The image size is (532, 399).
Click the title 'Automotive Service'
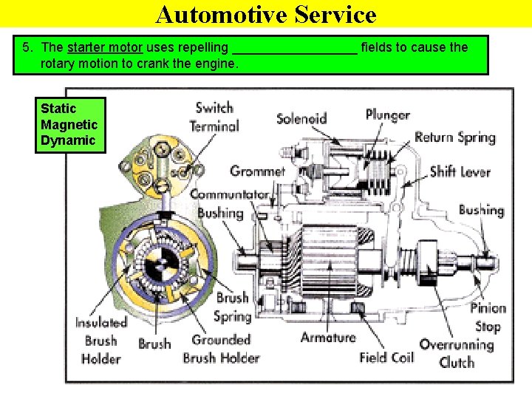pos(266,14)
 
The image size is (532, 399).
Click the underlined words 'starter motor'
pos(104,48)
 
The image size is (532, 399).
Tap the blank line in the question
pos(295,50)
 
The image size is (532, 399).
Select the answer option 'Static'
pos(58,109)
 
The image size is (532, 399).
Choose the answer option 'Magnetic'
pos(69,125)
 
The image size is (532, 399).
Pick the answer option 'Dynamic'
pos(68,140)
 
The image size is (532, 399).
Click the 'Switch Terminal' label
pos(214,117)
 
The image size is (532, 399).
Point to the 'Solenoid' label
pos(301,118)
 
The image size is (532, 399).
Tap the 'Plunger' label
pos(387,115)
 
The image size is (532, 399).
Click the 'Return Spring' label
pos(454,137)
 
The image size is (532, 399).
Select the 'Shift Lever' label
pos(460,171)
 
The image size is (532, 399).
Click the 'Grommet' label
pos(257,171)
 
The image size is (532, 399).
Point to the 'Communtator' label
pos(230,195)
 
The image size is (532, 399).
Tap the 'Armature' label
pos(328,337)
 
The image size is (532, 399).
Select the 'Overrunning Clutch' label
pos(457,353)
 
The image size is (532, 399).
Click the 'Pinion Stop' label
pos(488,317)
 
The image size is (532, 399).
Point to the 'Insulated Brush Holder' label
pos(101,341)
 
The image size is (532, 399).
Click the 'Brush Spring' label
pos(232,307)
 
